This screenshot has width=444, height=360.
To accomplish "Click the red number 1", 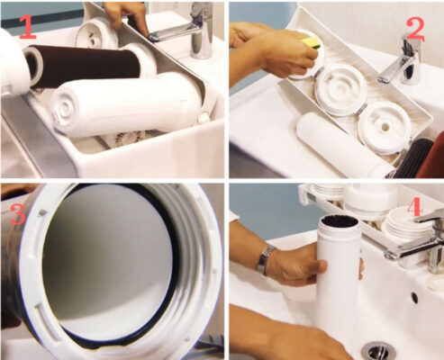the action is tap(28, 27).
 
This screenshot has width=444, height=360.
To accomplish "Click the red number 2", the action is tap(416, 30).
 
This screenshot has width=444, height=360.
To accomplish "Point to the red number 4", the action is tap(414, 208).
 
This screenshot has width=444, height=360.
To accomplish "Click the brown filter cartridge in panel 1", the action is tap(84, 67).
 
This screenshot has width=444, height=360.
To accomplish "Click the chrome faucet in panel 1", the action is tap(192, 30).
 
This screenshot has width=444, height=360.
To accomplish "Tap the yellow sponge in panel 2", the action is tap(310, 42).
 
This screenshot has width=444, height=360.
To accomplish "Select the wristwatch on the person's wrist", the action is tap(266, 258).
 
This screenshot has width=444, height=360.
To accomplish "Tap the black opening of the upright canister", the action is tap(340, 221).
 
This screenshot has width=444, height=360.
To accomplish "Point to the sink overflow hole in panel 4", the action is tap(414, 297).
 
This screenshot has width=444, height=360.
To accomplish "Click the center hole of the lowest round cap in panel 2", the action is tap(385, 128).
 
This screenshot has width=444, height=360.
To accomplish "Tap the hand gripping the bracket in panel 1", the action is tap(128, 15).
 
